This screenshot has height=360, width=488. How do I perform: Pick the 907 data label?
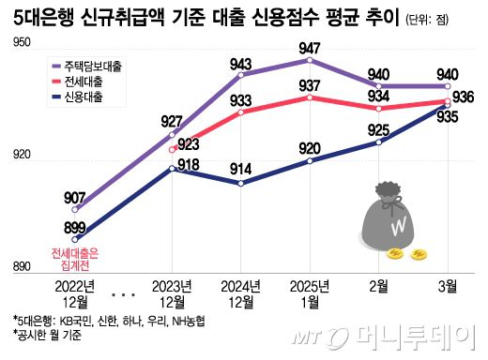(x=77, y=198)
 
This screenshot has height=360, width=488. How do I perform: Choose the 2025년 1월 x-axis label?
(x=310, y=291)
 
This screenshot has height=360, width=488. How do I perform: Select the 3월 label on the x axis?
(x=447, y=284)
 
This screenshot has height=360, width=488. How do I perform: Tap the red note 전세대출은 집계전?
(x=75, y=260)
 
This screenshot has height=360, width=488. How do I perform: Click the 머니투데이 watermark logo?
(x=404, y=335)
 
